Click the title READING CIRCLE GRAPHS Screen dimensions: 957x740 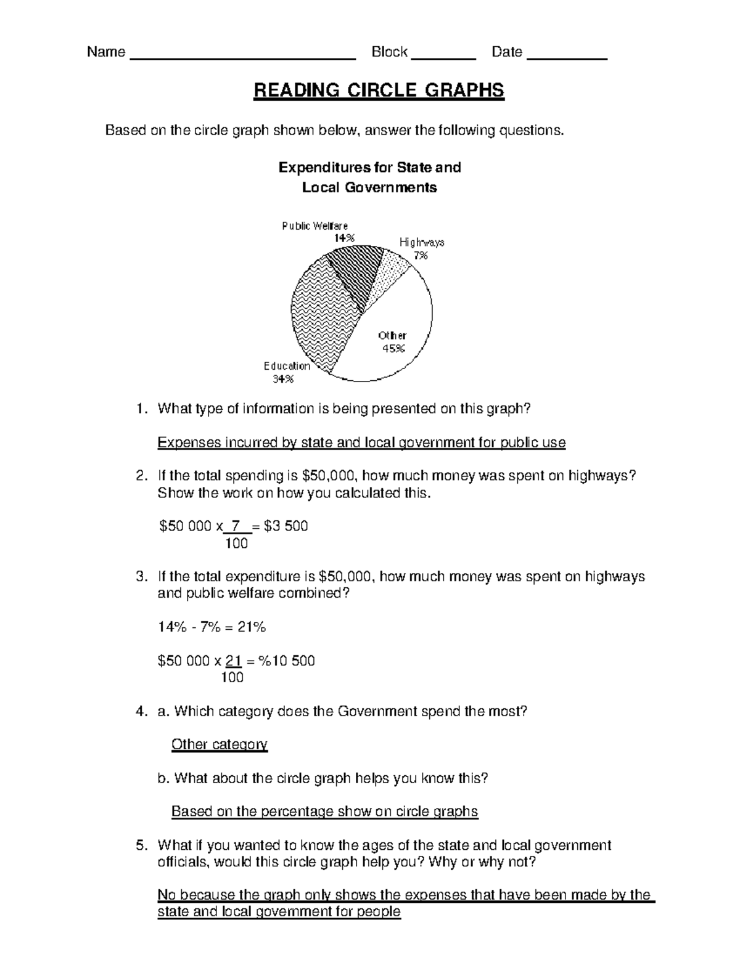coord(379,91)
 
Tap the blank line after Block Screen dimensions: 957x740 coord(443,57)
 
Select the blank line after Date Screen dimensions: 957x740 coord(568,57)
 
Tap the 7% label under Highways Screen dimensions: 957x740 coord(421,255)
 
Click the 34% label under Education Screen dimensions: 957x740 coord(283,379)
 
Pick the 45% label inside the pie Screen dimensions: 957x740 coord(393,348)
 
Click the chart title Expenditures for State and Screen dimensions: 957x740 coord(369,168)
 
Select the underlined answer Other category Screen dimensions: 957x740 coord(219,744)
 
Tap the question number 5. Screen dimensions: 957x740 coord(141,845)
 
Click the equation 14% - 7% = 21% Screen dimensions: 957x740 coord(212,627)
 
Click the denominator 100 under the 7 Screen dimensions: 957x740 coord(236,543)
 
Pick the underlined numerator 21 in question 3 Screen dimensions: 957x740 coord(233,661)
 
